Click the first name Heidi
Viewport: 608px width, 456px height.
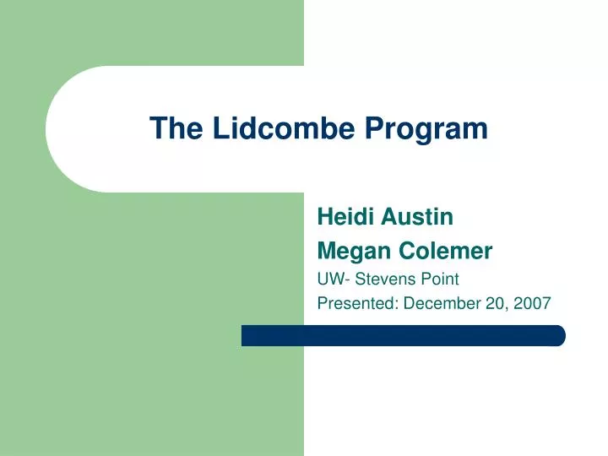(341, 218)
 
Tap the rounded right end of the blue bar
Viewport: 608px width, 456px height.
(558, 335)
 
